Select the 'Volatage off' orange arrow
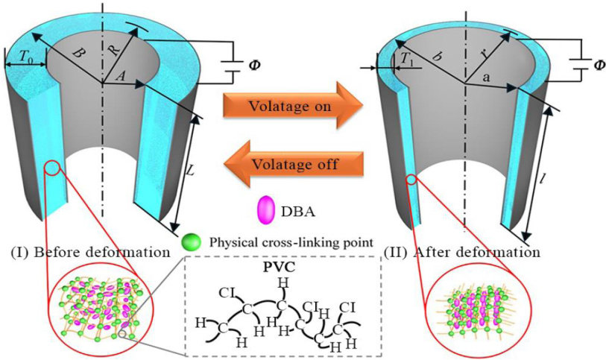coord(294,164)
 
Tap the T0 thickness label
coord(26,58)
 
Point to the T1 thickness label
coord(406,59)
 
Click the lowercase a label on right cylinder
coord(486,78)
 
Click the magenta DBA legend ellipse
coord(265,210)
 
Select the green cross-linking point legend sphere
coord(192,242)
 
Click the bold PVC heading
coord(283,268)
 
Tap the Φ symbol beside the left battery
coord(253,65)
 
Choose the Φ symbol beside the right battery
coord(599,65)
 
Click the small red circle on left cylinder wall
coord(52,167)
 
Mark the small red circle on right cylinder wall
coord(411,179)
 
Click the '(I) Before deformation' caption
coord(90,252)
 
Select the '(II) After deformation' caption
coord(462,252)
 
